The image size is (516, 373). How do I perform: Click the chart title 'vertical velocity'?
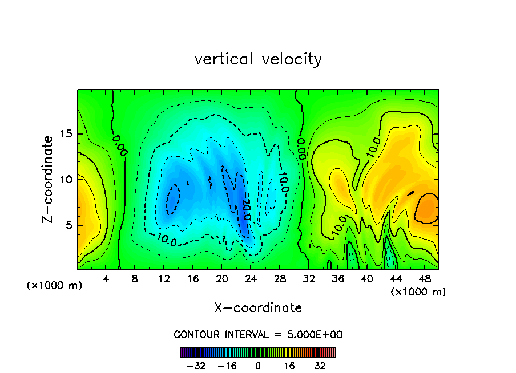click(258, 59)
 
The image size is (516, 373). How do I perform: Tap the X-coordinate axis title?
click(258, 308)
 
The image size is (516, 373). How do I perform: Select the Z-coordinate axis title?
click(49, 179)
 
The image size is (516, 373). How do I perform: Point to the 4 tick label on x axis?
click(106, 279)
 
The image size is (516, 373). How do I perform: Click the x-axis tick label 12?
click(164, 279)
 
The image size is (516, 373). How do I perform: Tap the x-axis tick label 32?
click(309, 279)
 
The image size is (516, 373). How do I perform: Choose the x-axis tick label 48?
click(424, 279)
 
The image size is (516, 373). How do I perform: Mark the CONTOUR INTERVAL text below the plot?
click(258, 334)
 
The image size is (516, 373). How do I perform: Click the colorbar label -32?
click(196, 366)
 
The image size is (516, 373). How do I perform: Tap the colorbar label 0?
click(258, 366)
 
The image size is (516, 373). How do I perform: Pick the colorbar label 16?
click(289, 366)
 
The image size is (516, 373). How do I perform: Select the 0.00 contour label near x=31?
click(301, 147)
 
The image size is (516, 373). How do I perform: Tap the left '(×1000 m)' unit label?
click(55, 286)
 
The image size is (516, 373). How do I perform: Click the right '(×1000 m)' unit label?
click(418, 292)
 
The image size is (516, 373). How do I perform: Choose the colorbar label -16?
click(227, 366)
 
